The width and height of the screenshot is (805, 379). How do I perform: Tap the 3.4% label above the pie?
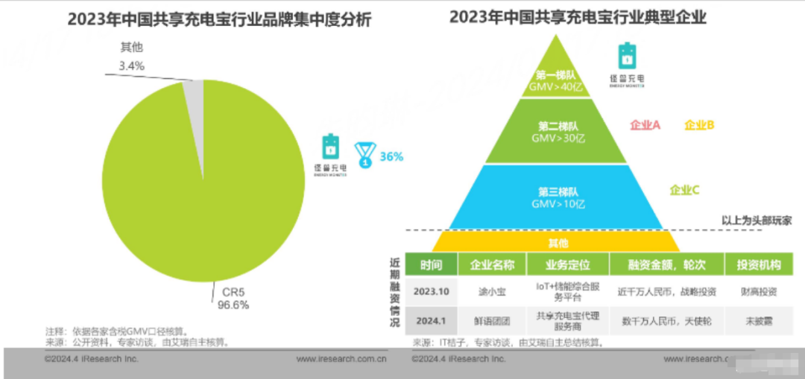(131, 66)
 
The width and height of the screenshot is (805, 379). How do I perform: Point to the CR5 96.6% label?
(233, 299)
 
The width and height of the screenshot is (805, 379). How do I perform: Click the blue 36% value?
(391, 156)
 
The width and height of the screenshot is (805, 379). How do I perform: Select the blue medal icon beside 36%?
(364, 153)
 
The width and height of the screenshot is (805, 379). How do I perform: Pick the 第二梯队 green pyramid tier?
(556, 133)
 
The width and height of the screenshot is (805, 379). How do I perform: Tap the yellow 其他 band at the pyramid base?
(556, 243)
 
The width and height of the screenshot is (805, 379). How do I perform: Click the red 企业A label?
(645, 125)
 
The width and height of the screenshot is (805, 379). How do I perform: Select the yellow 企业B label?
(699, 125)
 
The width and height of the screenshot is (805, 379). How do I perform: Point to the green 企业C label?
(684, 190)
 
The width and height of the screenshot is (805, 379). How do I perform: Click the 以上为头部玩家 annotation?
(756, 220)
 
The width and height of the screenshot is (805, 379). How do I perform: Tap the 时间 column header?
(431, 265)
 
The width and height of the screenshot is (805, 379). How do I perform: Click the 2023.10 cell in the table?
(431, 291)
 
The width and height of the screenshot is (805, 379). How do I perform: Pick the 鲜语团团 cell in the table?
(492, 322)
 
